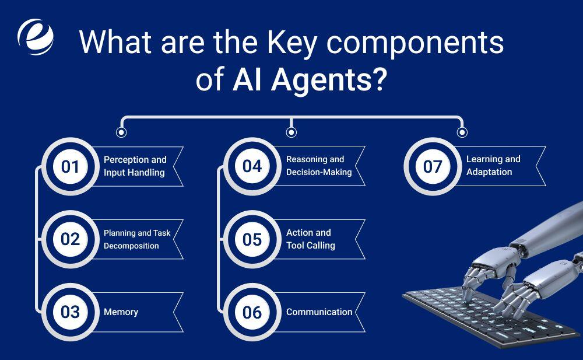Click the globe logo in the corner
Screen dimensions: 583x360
tap(36, 37)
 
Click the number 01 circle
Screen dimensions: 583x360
tap(71, 166)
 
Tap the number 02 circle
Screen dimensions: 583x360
tap(71, 239)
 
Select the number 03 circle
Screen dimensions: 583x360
tap(71, 312)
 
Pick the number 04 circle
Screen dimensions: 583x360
tap(252, 166)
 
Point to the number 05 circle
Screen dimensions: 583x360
tap(252, 239)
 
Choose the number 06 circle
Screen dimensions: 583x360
tap(252, 312)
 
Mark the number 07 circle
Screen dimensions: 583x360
tap(433, 166)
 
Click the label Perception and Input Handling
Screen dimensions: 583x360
tap(135, 166)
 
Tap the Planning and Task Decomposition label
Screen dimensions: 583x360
tap(137, 239)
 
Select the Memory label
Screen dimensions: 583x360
tap(121, 312)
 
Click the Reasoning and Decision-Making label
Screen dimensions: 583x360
tap(319, 166)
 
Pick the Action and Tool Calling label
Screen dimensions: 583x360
tap(311, 239)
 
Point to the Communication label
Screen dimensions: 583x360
tap(319, 312)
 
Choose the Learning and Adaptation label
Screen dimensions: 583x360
tap(493, 165)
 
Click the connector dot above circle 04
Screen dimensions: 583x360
tap(291, 132)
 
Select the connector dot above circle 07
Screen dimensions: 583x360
tap(462, 132)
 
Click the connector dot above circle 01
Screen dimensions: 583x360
tap(121, 132)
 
